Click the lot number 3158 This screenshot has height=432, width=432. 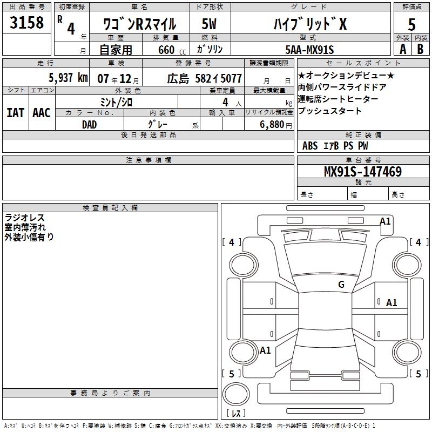pos(27,24)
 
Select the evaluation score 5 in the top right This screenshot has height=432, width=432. pos(411,25)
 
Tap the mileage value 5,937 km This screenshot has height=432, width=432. pos(68,78)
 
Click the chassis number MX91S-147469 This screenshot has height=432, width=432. pos(362,172)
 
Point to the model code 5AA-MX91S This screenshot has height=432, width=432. pos(309,50)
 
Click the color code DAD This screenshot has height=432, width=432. pos(90,124)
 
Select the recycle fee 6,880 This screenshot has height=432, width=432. pos(273,124)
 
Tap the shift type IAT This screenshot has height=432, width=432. pos(15,113)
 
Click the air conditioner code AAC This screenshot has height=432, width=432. pos(41,113)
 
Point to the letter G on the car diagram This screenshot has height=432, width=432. pos(341,285)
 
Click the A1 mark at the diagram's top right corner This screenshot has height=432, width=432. pos(385,221)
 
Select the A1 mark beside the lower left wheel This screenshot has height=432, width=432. pos(265,350)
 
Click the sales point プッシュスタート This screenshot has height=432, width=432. pos(330,111)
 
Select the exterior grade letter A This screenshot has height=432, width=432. pos(402,49)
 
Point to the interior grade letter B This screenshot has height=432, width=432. pos(421,49)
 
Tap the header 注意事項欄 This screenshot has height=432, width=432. pos(148,160)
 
